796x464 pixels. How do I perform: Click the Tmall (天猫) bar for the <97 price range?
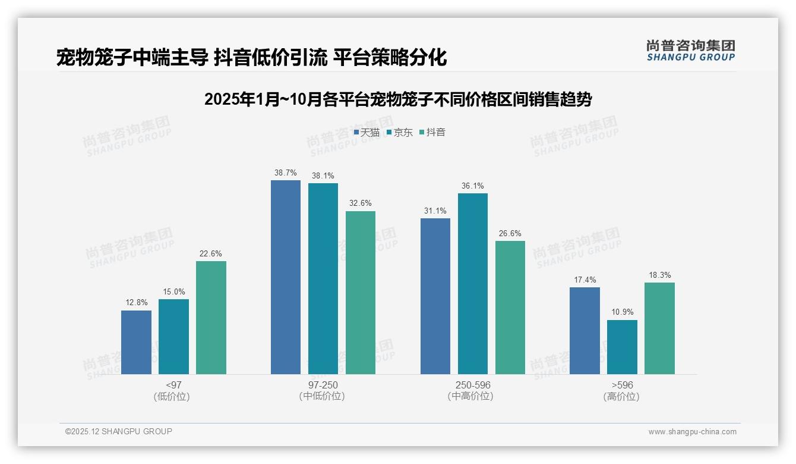coord(136,342)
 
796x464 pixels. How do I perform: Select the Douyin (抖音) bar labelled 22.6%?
coord(211,318)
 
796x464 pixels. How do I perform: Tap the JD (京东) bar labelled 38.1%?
coord(323,278)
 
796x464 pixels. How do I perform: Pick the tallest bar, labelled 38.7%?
coord(286,277)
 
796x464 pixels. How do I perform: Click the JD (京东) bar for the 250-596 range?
coord(473,284)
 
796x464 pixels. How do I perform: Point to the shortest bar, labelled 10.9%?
coord(622,347)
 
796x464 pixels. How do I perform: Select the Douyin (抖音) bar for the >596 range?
coord(659,328)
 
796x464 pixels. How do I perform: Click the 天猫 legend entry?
coord(367,132)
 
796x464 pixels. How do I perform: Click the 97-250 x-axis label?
coord(323,385)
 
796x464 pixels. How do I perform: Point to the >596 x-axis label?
coord(621,385)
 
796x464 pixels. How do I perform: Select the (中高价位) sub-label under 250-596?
coord(473,396)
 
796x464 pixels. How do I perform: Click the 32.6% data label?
coord(361,203)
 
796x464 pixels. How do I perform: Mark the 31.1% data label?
coord(435,211)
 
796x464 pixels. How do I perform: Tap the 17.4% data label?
coord(585,280)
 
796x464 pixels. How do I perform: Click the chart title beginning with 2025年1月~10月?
coord(397,99)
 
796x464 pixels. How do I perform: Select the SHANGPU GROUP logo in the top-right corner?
coord(690,51)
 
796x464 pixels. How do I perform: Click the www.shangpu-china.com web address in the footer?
coord(692,432)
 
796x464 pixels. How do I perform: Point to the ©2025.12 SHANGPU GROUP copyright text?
coord(119,431)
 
